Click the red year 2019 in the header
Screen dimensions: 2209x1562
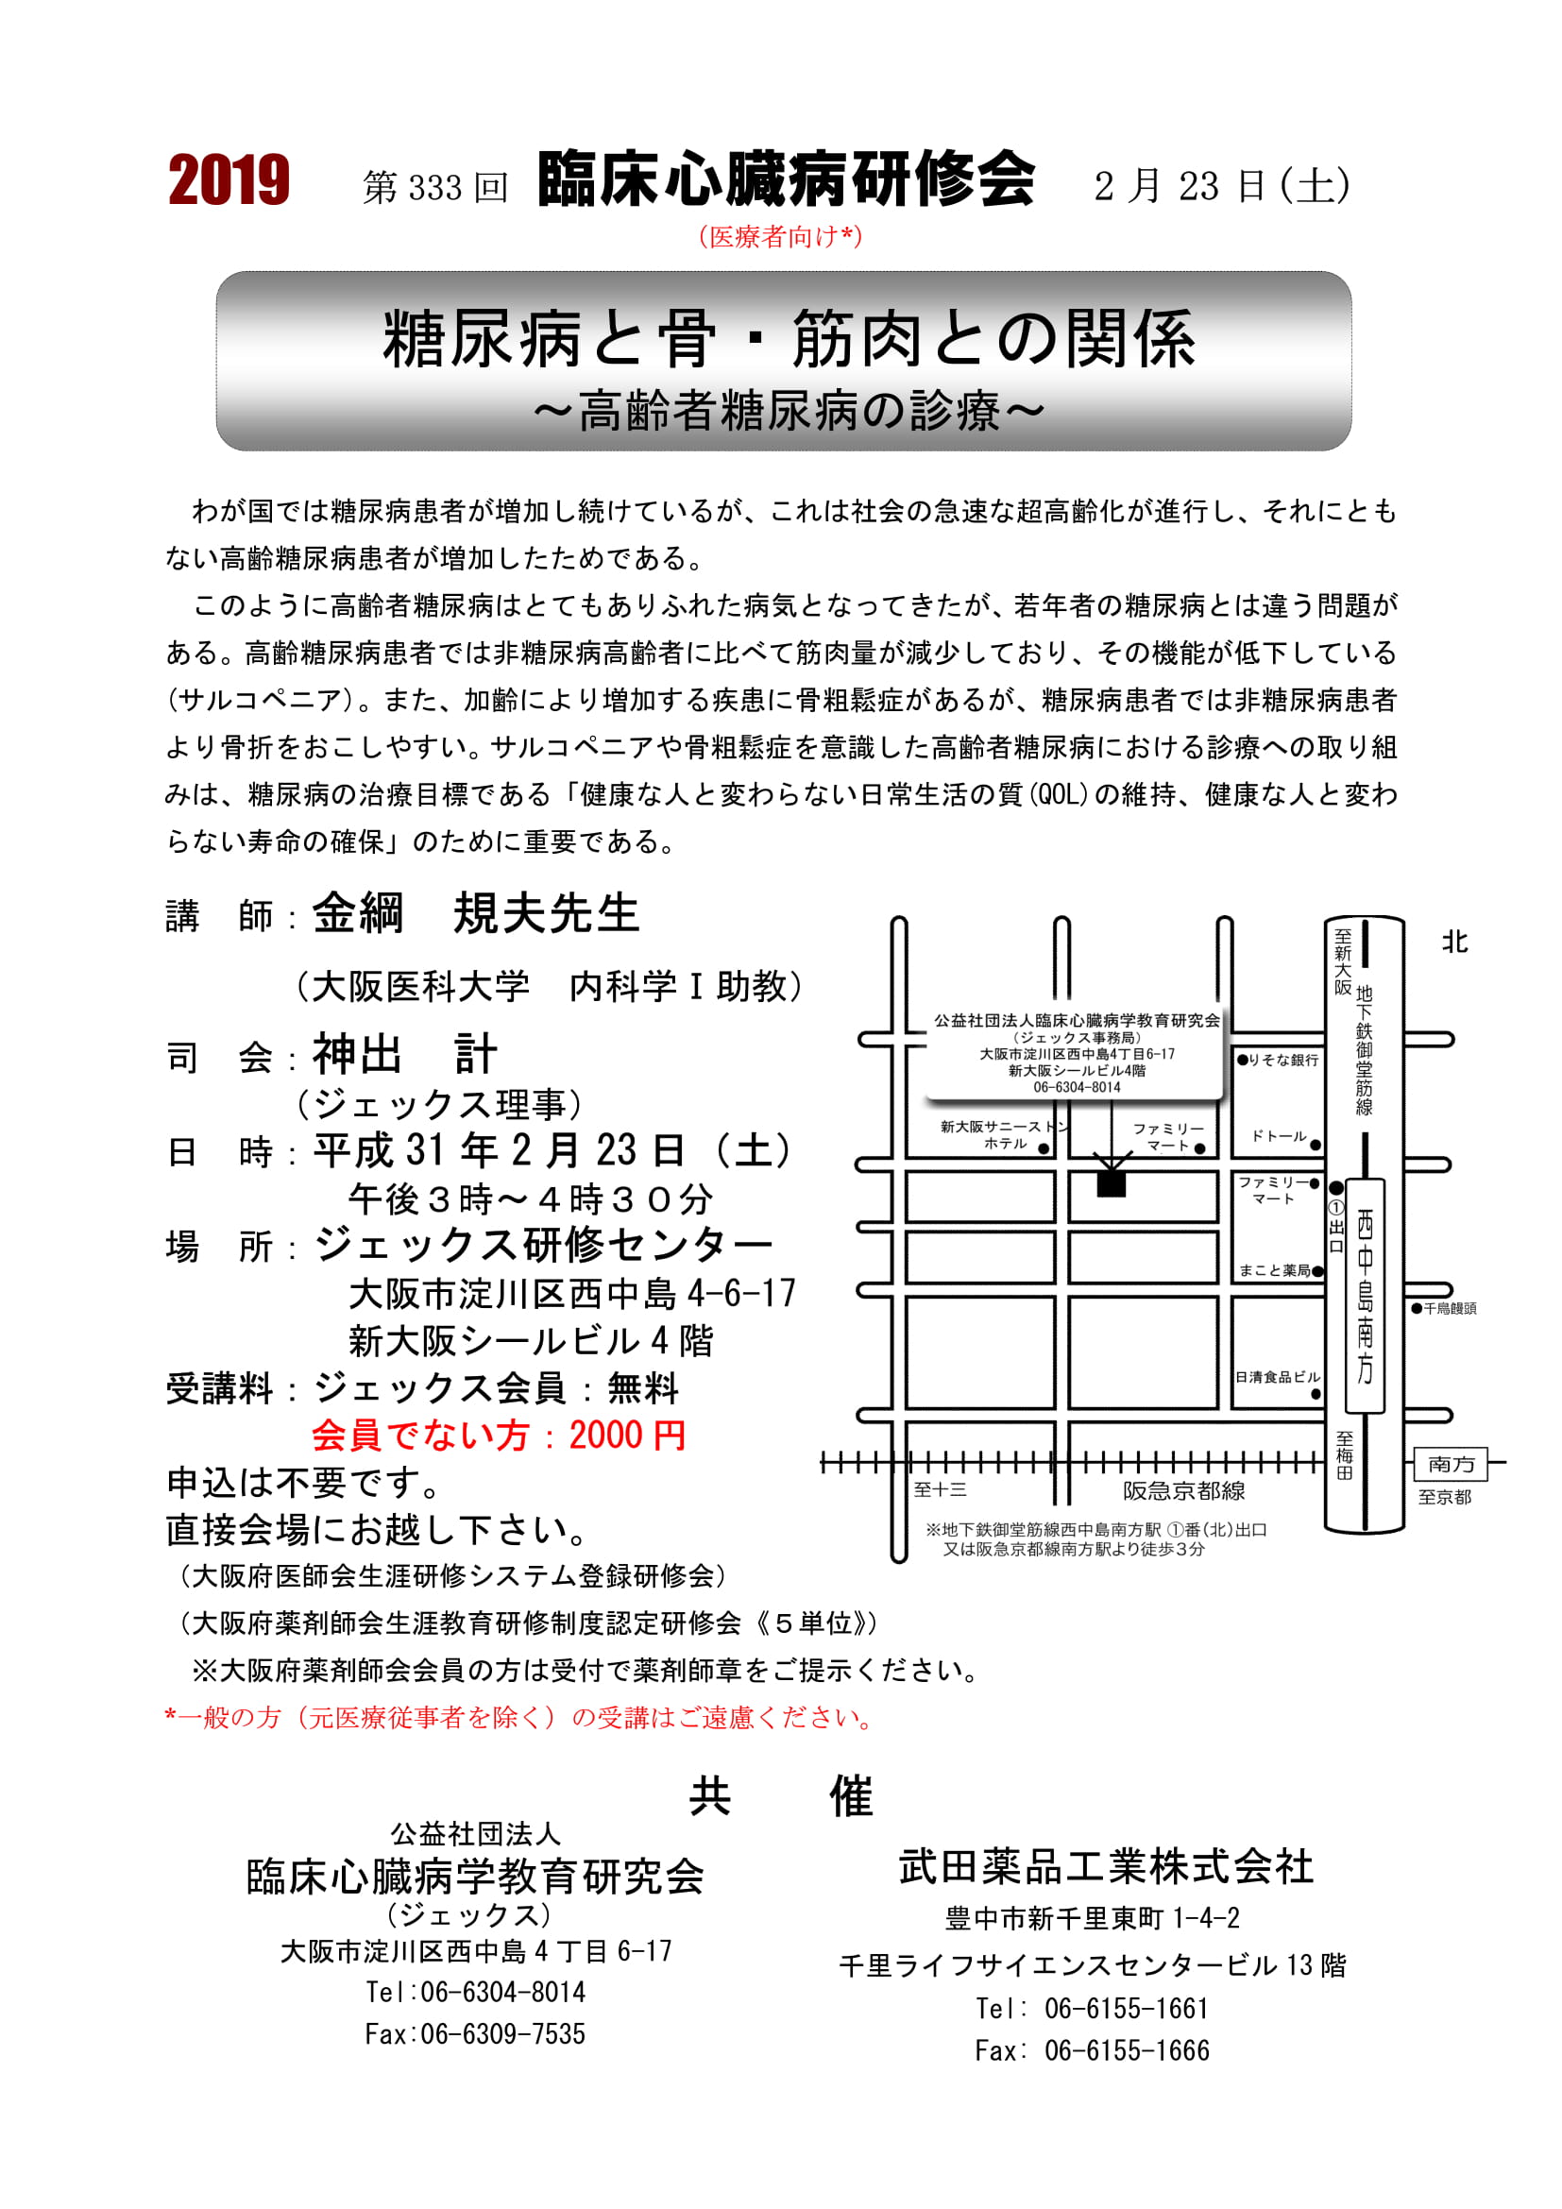229,181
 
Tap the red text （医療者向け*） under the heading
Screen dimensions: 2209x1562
780,237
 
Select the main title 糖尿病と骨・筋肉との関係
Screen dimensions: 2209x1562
788,339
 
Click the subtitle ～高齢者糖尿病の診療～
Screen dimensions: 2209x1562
788,412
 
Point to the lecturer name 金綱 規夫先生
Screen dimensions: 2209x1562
476,914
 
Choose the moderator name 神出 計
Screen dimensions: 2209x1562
404,1056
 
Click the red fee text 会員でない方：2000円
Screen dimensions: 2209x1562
499,1436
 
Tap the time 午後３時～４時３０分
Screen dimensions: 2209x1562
531,1199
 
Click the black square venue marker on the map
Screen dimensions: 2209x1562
1111,1182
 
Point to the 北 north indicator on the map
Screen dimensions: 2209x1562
1454,943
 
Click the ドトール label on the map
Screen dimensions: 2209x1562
1280,1136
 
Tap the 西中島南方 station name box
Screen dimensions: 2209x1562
1365,1295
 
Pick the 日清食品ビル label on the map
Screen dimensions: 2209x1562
1278,1377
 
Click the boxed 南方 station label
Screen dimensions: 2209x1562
1451,1465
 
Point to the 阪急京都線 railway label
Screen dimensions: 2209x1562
1184,1490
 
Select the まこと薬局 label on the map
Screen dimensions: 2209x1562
1274,1270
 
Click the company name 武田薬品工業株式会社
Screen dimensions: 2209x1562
1105,1866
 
